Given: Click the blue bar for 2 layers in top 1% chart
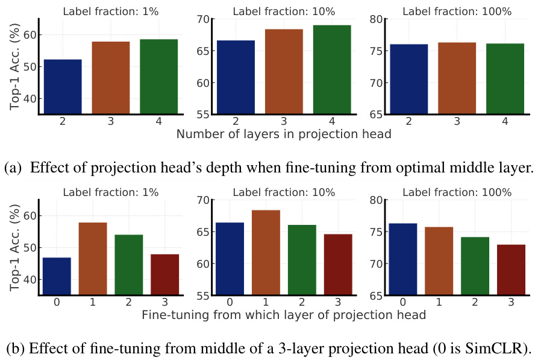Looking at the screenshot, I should click(63, 86).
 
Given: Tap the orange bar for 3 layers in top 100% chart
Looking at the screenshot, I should click(457, 78).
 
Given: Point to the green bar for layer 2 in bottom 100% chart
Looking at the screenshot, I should click(474, 266).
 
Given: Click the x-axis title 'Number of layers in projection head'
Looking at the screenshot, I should click(284, 134).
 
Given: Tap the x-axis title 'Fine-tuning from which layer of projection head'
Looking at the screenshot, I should click(284, 315).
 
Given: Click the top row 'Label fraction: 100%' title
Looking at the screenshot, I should click(456, 11).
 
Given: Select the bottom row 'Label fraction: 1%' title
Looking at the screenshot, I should click(111, 192).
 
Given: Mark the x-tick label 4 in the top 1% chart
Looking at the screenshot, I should click(158, 122).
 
